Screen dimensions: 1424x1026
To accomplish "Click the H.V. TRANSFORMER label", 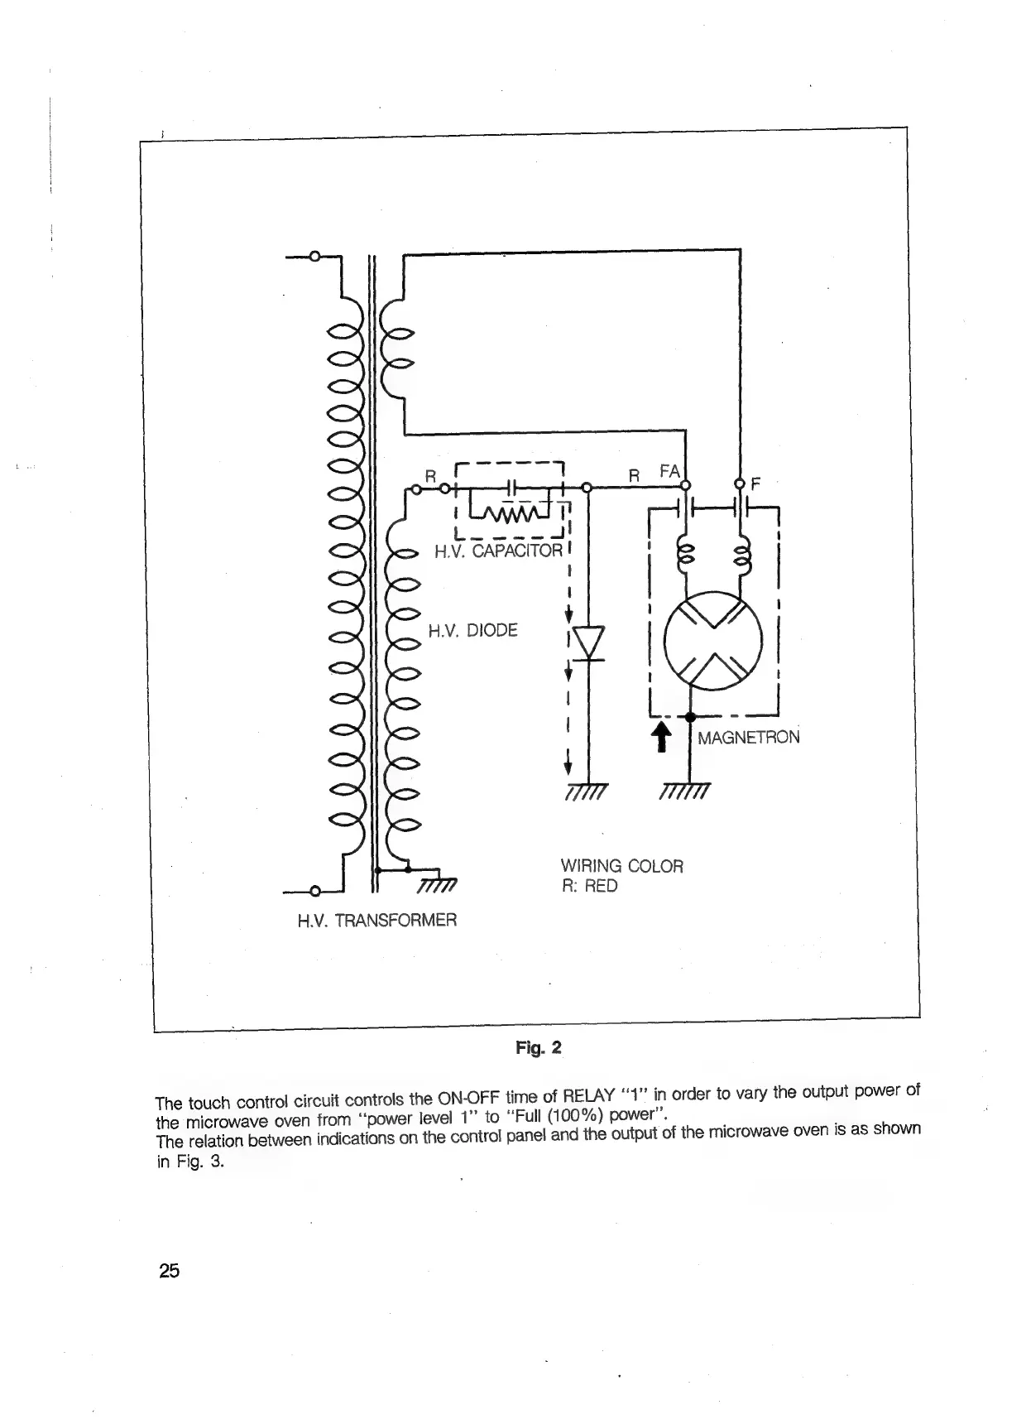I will (376, 920).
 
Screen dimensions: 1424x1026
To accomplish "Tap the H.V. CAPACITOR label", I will (498, 551).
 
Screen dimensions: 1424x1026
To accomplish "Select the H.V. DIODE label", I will (472, 631).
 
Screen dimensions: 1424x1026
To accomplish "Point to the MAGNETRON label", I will (748, 737).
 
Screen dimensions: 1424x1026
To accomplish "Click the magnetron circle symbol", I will (713, 641).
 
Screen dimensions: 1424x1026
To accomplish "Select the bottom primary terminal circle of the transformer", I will (314, 892).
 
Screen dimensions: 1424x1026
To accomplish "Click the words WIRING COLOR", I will (621, 866).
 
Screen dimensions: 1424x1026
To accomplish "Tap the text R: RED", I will (588, 886).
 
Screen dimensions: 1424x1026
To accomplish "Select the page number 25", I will (169, 1270).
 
